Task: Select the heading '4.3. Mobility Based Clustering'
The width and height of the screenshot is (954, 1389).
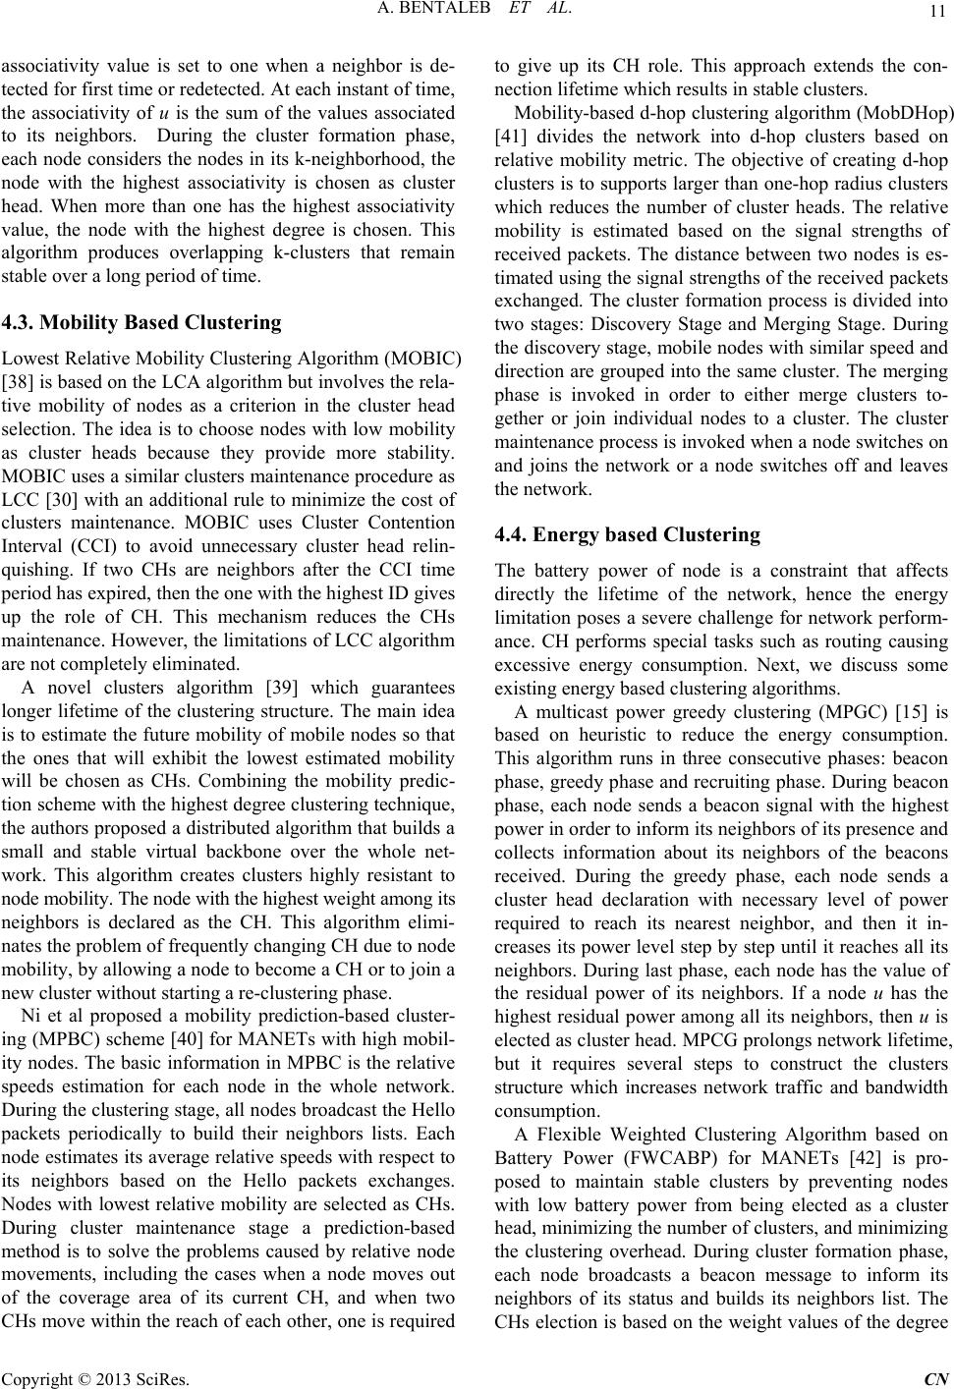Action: pos(140,322)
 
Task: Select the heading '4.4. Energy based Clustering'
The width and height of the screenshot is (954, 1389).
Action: pos(627,534)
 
